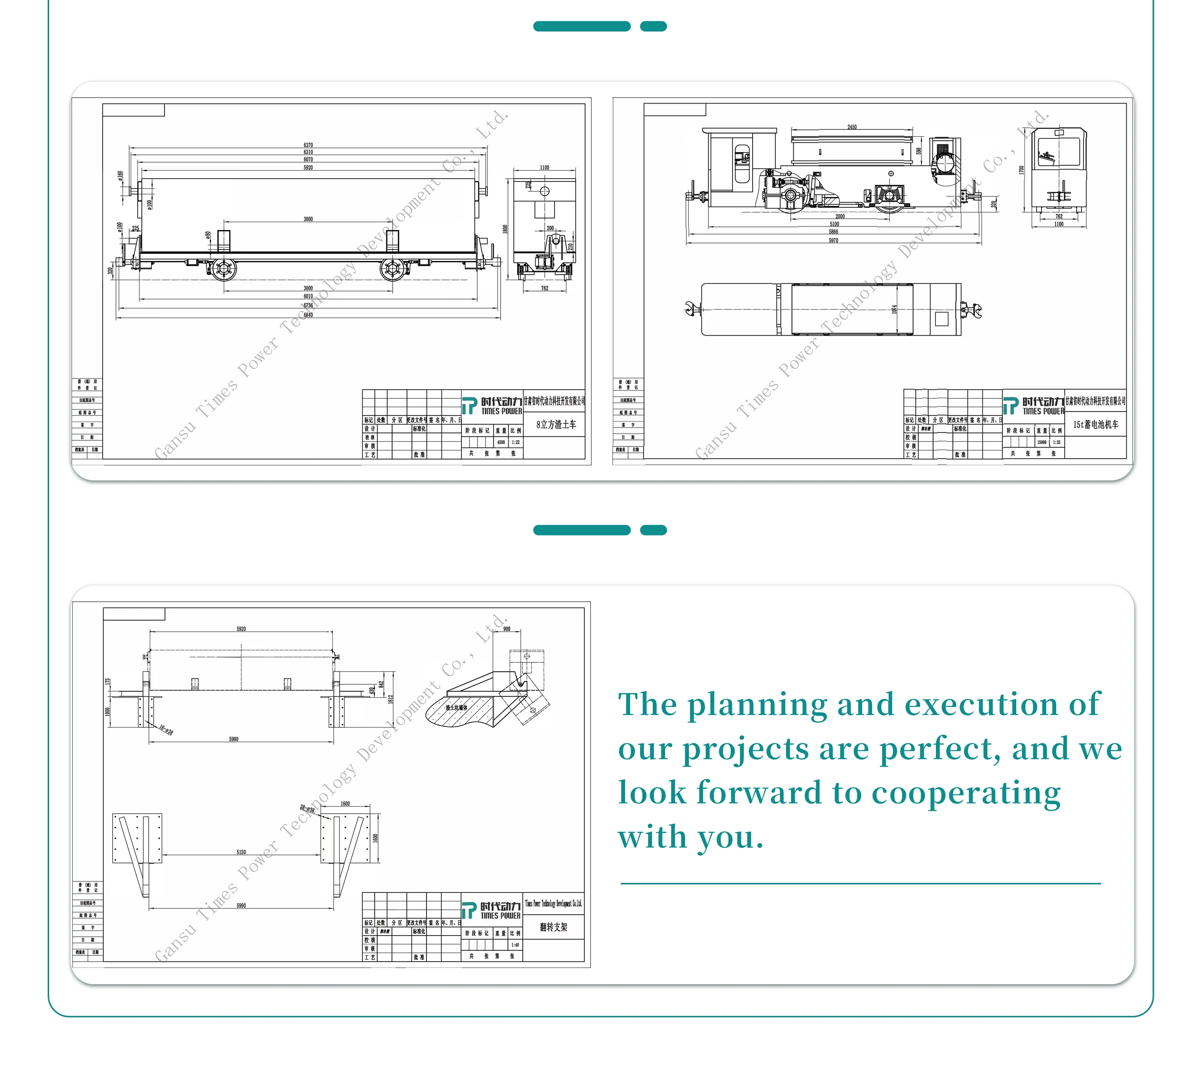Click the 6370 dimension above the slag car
pyautogui.click(x=308, y=145)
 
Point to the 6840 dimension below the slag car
pyautogui.click(x=308, y=315)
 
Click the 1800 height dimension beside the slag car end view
pyautogui.click(x=505, y=229)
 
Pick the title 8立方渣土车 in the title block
pyautogui.click(x=556, y=424)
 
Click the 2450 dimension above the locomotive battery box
pyautogui.click(x=851, y=127)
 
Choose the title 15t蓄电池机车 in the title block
pyautogui.click(x=1095, y=424)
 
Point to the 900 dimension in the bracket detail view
pyautogui.click(x=506, y=629)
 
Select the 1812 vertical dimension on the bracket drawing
pyautogui.click(x=390, y=699)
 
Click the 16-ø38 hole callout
pyautogui.click(x=166, y=730)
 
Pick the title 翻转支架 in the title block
pyautogui.click(x=554, y=927)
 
